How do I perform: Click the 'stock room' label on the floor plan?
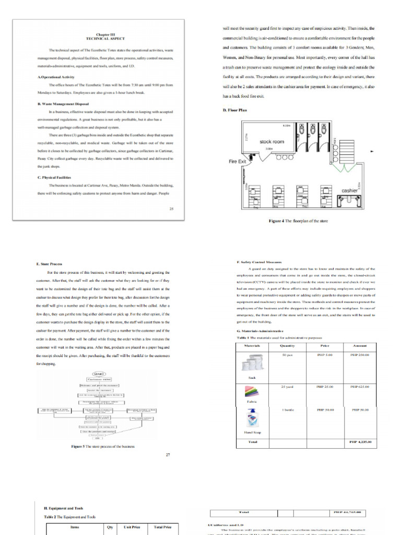(x=272, y=142)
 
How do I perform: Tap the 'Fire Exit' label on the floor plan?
(x=237, y=161)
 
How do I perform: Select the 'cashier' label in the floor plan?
(x=349, y=191)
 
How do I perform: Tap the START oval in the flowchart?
(x=99, y=374)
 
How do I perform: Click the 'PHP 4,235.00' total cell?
(x=360, y=442)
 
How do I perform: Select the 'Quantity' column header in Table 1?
(x=287, y=346)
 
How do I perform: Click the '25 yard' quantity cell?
(x=287, y=386)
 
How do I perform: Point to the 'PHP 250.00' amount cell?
(x=360, y=355)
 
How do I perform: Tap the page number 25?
(x=171, y=208)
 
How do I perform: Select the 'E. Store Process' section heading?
(x=50, y=264)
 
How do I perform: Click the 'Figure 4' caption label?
(x=276, y=221)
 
